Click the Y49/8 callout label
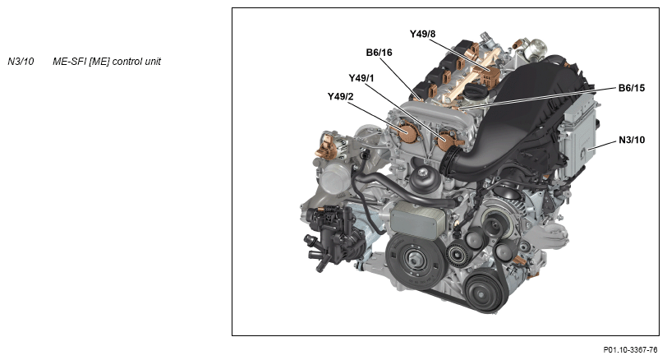pyautogui.click(x=422, y=34)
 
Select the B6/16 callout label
pyautogui.click(x=379, y=53)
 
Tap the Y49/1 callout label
pyautogui.click(x=361, y=78)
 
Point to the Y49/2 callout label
pyautogui.click(x=340, y=97)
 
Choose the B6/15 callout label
pyautogui.click(x=631, y=88)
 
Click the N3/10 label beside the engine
pyautogui.click(x=632, y=140)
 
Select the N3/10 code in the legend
pyautogui.click(x=21, y=62)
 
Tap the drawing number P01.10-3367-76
pyautogui.click(x=630, y=350)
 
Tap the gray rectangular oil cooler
pyautogui.click(x=418, y=220)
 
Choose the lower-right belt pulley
pyautogui.click(x=484, y=293)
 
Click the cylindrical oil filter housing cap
pyautogui.click(x=424, y=178)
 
